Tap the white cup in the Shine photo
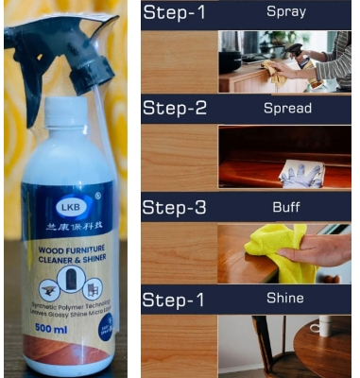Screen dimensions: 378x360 tap(322, 326)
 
